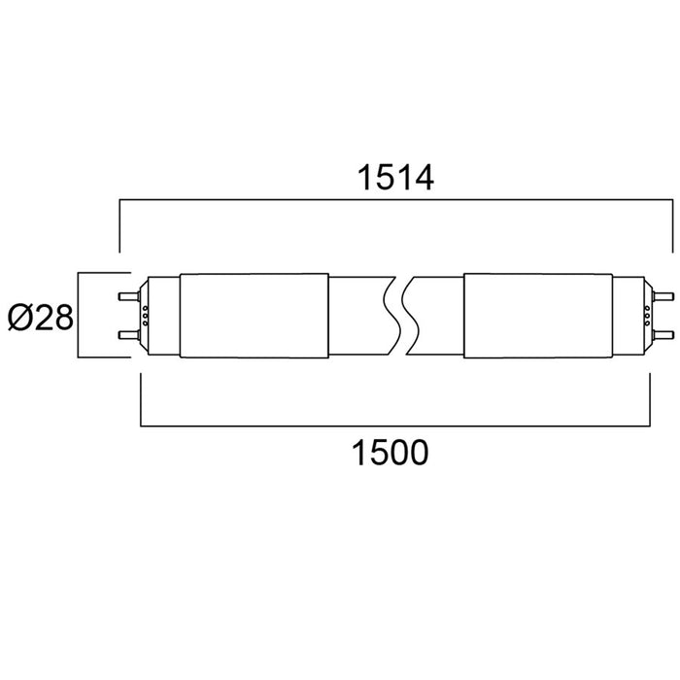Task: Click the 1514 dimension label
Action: click(x=395, y=178)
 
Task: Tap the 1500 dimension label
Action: click(x=390, y=453)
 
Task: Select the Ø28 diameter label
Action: click(x=41, y=318)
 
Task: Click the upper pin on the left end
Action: click(x=129, y=296)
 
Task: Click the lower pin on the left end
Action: click(x=129, y=335)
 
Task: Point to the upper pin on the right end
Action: click(x=663, y=296)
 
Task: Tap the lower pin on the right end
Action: click(x=663, y=335)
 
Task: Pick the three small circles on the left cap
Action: click(x=146, y=316)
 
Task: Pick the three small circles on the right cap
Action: click(x=647, y=316)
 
